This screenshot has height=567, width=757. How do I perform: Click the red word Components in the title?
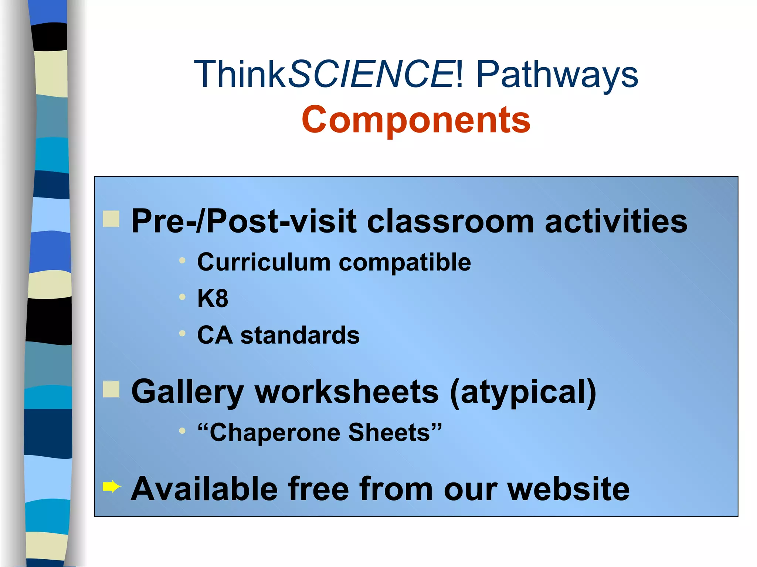[416, 120]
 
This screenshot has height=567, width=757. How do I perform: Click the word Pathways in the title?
[557, 75]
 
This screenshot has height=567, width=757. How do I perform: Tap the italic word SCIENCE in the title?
[371, 75]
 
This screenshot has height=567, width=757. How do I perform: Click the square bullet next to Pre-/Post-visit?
[111, 219]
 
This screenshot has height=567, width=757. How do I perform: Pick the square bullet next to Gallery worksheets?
[111, 389]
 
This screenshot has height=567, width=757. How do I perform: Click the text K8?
[213, 298]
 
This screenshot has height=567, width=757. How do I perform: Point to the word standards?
[300, 335]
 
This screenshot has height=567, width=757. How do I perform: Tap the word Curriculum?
[264, 262]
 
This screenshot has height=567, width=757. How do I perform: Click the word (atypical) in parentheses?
[523, 392]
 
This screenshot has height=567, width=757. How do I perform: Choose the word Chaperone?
[274, 432]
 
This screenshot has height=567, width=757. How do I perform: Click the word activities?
[616, 221]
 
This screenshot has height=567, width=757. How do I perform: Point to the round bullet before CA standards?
[182, 334]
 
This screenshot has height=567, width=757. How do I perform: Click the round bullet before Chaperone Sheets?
[182, 430]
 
